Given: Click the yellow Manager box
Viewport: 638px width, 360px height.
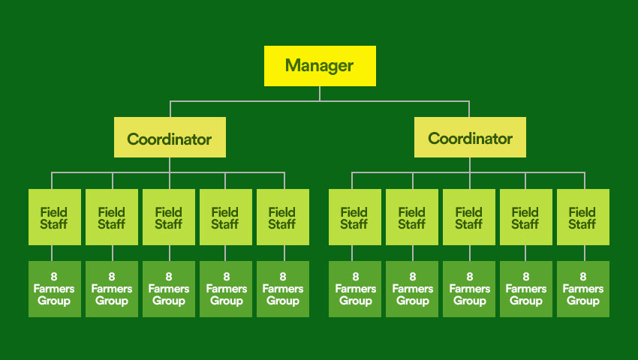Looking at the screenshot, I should click(x=320, y=66).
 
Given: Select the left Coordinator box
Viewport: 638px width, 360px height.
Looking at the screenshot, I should click(x=170, y=137).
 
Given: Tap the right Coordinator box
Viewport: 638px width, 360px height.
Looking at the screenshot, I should click(x=470, y=137).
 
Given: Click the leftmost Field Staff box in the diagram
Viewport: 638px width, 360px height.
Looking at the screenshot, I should click(x=55, y=217).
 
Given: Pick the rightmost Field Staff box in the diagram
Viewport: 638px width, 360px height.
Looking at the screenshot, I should click(x=582, y=217).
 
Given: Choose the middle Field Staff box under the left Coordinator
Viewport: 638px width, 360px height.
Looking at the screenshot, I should click(x=169, y=217).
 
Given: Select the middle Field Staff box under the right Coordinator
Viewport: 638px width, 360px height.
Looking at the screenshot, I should click(x=469, y=217).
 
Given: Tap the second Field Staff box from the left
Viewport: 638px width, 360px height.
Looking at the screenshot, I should click(x=112, y=217).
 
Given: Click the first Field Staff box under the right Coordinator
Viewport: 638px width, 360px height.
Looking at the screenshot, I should click(x=355, y=217).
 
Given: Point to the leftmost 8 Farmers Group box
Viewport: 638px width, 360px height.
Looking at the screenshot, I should click(x=55, y=289).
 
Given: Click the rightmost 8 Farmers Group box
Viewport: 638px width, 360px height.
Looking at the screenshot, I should click(x=582, y=289).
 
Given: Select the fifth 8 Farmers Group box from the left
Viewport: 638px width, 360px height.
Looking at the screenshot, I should click(x=283, y=289).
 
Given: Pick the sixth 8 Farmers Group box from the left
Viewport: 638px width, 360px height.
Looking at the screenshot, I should click(x=355, y=289).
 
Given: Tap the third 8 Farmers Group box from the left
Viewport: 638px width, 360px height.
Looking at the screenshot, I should click(x=169, y=289).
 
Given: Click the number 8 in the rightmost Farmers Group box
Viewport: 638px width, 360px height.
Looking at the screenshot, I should click(x=582, y=277).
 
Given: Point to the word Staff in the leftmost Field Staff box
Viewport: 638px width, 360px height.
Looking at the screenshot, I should click(x=55, y=224).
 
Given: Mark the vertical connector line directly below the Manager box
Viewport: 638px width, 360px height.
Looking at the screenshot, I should click(x=320, y=93).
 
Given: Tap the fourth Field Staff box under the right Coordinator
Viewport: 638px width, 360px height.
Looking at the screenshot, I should click(x=525, y=217).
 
